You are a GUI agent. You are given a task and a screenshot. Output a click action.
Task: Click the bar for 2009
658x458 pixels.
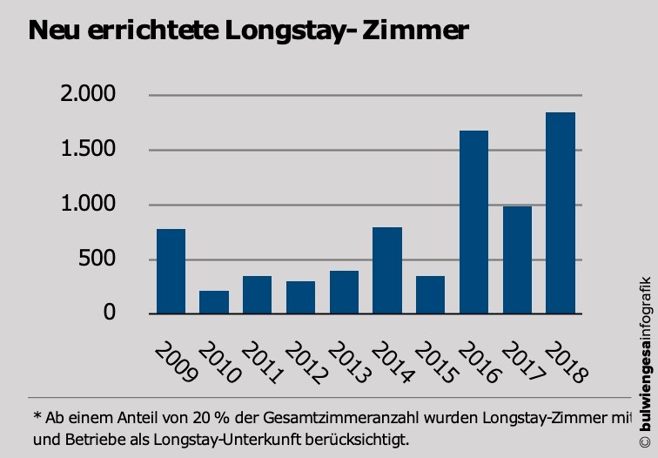(171, 271)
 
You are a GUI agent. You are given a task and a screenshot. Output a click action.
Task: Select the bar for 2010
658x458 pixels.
(213, 302)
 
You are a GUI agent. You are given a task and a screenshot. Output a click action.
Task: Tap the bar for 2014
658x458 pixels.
(386, 270)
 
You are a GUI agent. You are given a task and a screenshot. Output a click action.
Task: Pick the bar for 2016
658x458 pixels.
(473, 222)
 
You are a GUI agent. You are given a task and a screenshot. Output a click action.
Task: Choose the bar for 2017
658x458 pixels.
(517, 259)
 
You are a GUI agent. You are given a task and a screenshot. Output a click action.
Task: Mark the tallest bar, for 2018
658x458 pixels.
(560, 212)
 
